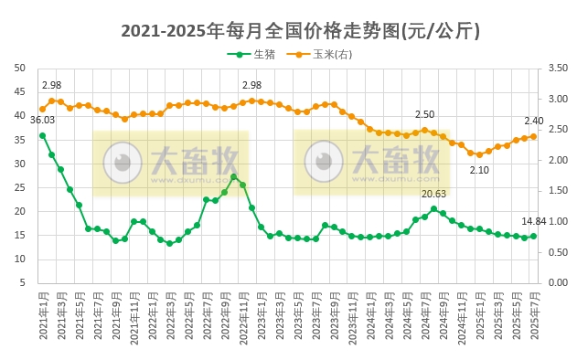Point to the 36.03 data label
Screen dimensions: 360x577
click(x=42, y=120)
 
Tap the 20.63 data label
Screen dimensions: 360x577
click(x=434, y=194)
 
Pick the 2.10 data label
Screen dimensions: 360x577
click(x=479, y=170)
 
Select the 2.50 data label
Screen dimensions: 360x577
click(x=424, y=114)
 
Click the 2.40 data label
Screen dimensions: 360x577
click(x=533, y=121)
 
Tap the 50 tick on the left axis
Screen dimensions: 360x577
click(x=20, y=68)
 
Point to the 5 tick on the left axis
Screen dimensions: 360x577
click(x=23, y=282)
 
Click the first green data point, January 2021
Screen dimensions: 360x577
click(x=42, y=135)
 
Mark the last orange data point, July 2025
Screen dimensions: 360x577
click(x=534, y=136)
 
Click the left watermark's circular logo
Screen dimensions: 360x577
click(x=122, y=163)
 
